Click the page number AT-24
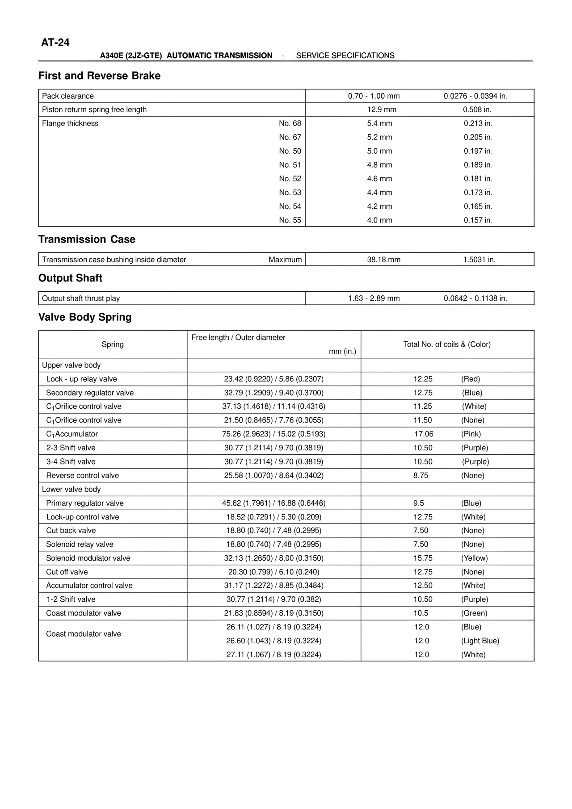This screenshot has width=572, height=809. coord(55,43)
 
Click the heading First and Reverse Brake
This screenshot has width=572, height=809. coord(99,76)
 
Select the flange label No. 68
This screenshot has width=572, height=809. coord(290,123)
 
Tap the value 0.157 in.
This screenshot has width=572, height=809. coord(478,220)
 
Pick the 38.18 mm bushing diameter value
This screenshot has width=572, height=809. coord(383,260)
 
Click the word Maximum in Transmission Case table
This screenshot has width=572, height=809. coord(285,260)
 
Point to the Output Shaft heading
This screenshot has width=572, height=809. coord(70,278)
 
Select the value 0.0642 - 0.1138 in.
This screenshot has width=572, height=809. coord(475,298)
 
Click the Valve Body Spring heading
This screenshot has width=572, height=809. coord(85,317)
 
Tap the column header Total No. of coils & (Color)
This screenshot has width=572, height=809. coord(447,344)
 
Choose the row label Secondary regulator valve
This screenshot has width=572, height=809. coord(90,393)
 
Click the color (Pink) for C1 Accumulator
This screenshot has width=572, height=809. coord(471,434)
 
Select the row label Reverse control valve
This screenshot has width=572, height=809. coord(83,475)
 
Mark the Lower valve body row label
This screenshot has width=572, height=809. coord(71,489)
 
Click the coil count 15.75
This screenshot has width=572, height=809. coord(423,558)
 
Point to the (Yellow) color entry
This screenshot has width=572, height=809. coord(474,558)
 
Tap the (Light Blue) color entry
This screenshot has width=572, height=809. coord(480,641)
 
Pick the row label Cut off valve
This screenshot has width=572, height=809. coord(67,572)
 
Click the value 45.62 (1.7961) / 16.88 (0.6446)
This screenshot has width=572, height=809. coord(273,503)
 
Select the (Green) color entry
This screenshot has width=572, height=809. coord(474,613)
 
